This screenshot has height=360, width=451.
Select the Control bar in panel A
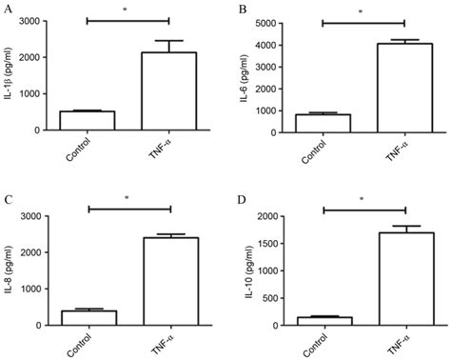pos(87,119)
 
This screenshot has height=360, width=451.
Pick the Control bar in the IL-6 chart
pos(323,123)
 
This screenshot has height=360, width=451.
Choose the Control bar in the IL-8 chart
pos(88,317)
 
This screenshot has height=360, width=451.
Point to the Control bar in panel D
pos(324,321)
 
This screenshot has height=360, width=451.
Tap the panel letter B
pos(244,9)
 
